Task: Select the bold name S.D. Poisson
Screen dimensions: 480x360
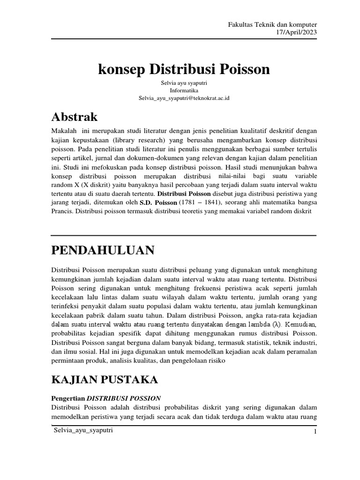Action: [158, 202]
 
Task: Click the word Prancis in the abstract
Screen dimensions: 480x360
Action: [62, 212]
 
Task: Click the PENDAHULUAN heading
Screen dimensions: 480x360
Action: [103, 251]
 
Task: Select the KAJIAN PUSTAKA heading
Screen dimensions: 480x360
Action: [105, 379]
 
